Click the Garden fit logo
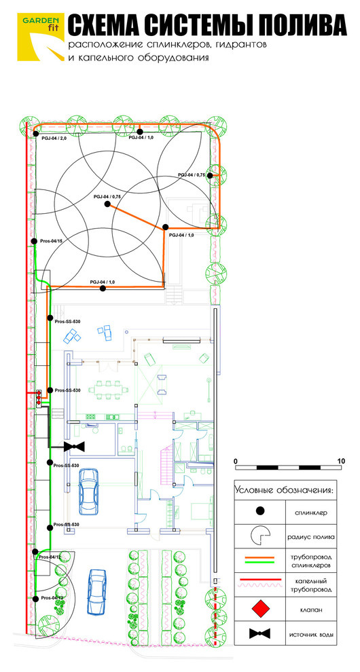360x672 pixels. [41, 37]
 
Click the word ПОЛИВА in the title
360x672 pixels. [295, 26]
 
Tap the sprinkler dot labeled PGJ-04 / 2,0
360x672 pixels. [36, 134]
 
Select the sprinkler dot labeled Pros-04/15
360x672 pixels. [34, 242]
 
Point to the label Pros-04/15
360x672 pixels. [51, 241]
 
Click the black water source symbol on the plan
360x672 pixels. [74, 447]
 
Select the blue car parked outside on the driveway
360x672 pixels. [97, 591]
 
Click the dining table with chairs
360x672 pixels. [109, 390]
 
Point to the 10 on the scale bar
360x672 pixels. [341, 461]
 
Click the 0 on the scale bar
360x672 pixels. [236, 461]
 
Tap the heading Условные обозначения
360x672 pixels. [283, 489]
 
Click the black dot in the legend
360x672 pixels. [259, 511]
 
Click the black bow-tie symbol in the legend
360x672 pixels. [259, 633]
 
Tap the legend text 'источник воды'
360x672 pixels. [311, 634]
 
